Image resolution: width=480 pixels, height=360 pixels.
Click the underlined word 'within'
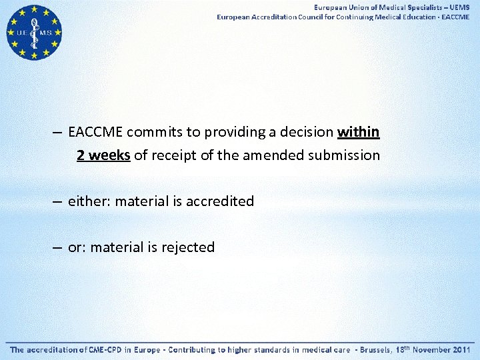point(359,132)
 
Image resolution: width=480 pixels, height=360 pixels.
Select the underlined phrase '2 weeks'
point(103,156)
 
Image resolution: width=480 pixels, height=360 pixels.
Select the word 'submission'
point(345,156)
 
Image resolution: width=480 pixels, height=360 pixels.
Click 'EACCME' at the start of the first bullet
point(96,132)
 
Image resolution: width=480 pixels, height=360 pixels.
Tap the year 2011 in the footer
point(461,349)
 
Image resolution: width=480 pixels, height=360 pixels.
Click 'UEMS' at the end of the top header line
point(459,7)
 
